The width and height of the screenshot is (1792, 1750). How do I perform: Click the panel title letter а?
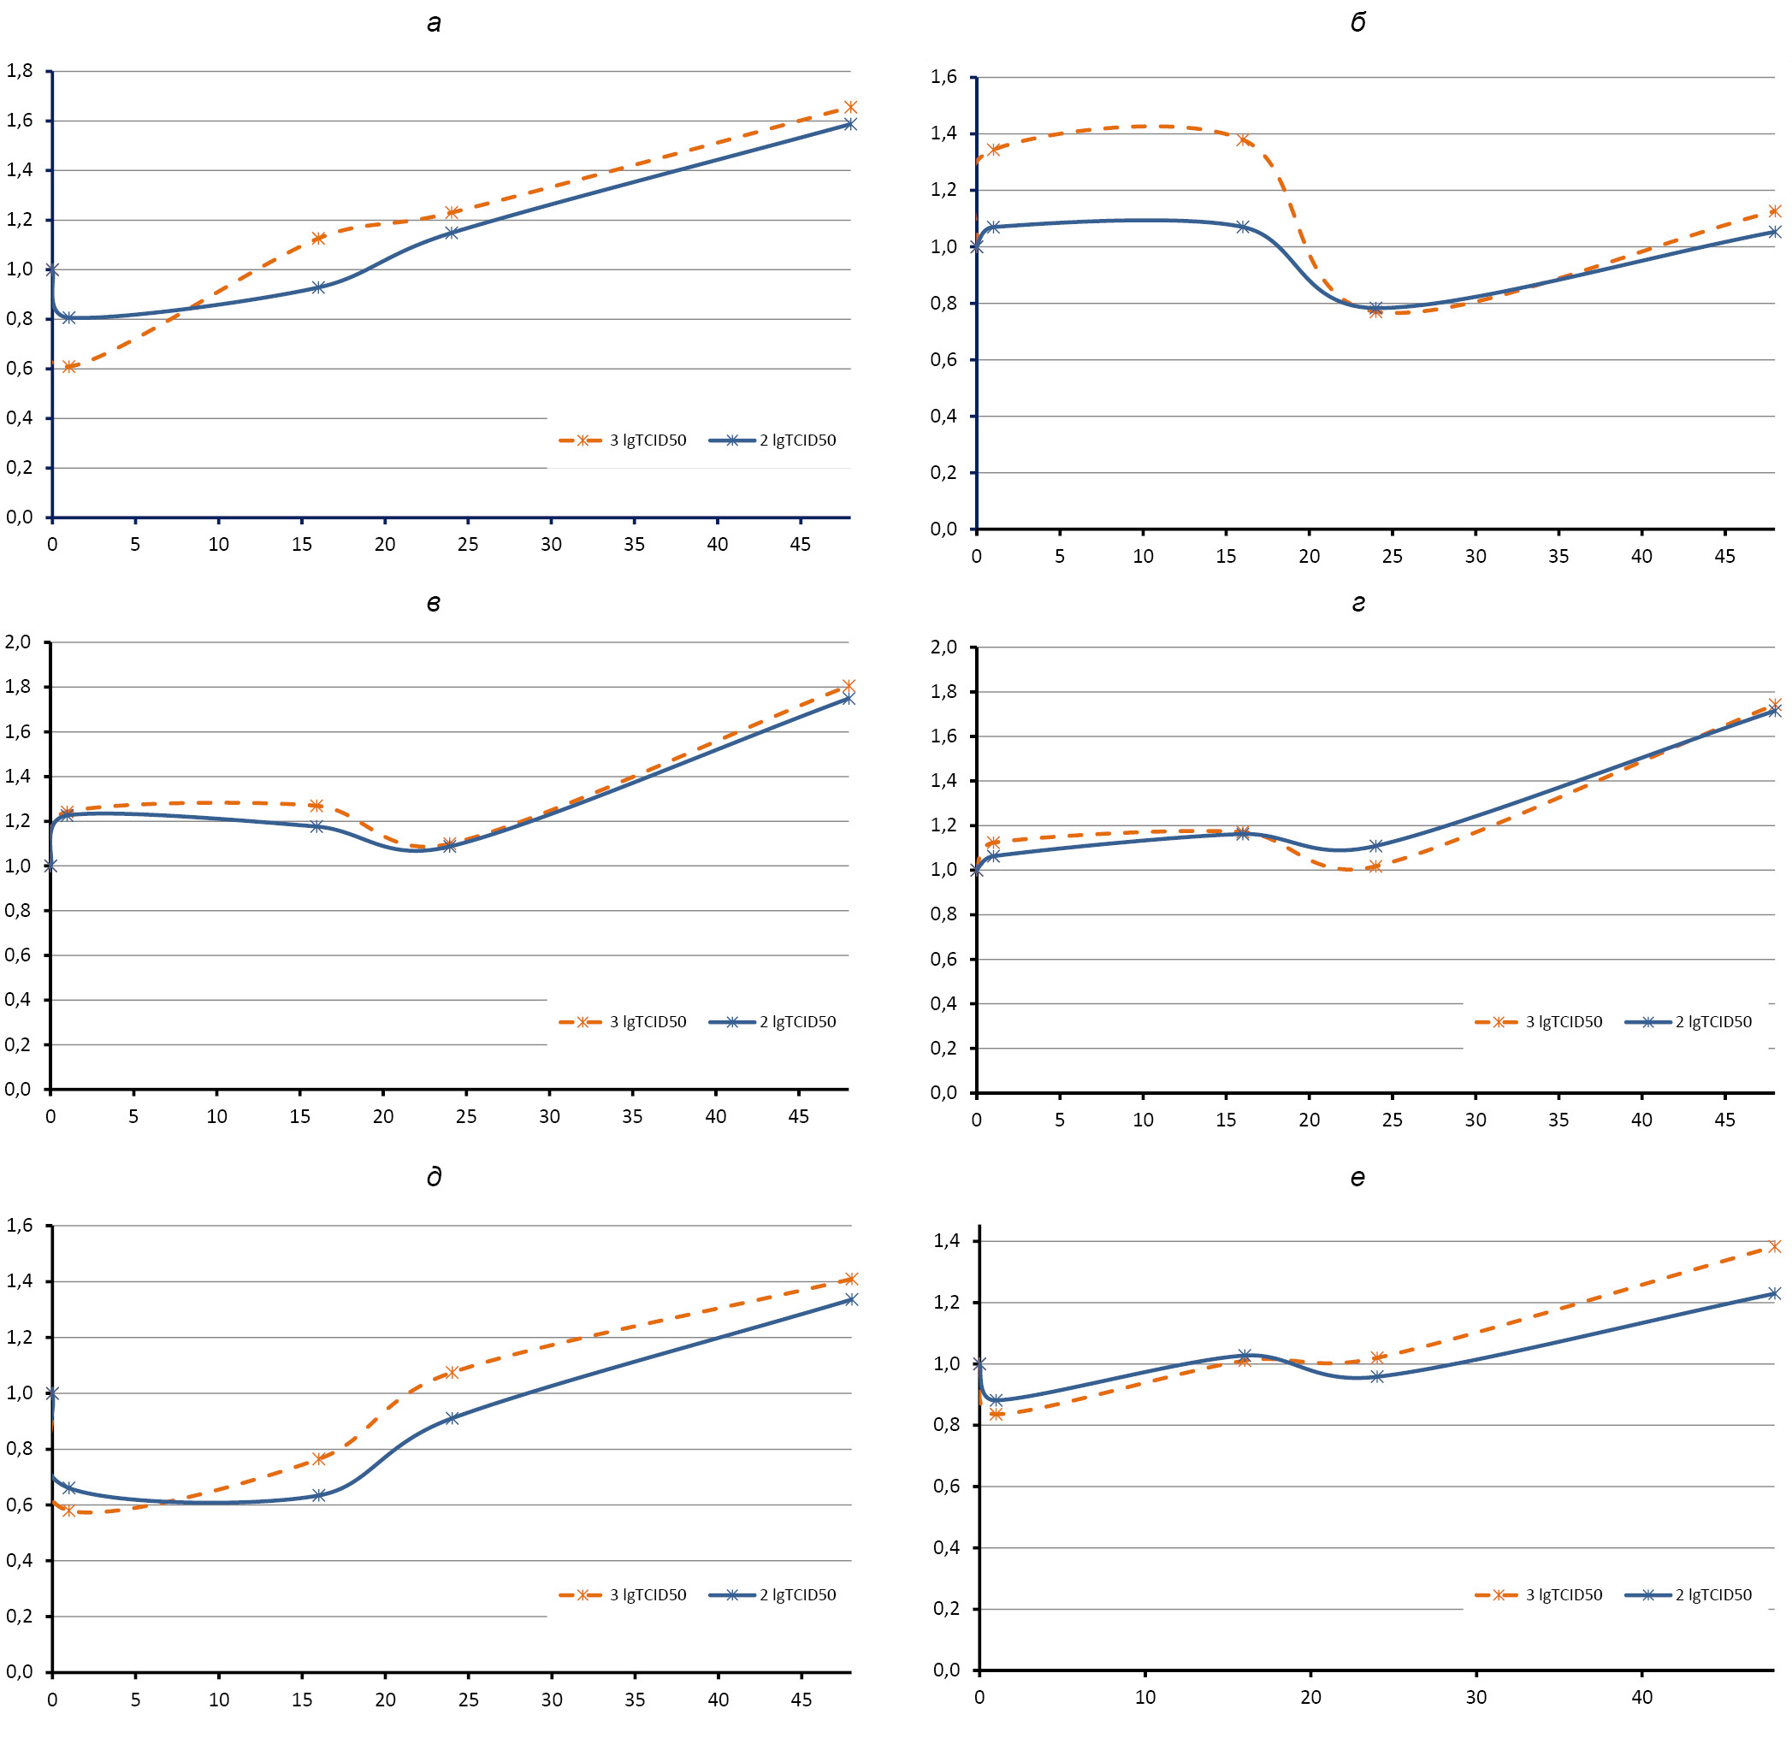click(434, 23)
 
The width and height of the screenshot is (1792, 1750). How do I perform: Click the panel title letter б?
click(1357, 23)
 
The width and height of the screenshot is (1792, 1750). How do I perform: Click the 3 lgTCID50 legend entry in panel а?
click(623, 440)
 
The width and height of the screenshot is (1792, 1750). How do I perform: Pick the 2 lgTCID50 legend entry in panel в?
click(773, 1021)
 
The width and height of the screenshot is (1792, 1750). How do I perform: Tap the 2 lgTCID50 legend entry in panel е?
click(1689, 1593)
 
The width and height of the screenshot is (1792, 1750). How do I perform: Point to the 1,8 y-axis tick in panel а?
click(20, 71)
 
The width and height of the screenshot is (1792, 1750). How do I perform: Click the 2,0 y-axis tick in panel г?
click(943, 647)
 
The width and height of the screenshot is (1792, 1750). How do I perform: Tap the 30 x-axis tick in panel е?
click(1476, 1697)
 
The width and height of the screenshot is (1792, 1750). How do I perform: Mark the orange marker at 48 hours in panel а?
click(850, 108)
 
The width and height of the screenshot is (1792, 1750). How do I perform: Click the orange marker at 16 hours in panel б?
click(1244, 139)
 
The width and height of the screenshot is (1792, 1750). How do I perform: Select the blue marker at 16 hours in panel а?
click(318, 287)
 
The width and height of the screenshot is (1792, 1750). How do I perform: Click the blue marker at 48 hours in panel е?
click(1774, 1293)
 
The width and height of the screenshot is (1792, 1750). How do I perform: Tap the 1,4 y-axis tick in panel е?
click(947, 1241)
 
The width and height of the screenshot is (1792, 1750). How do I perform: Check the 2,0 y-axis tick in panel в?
click(18, 641)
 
